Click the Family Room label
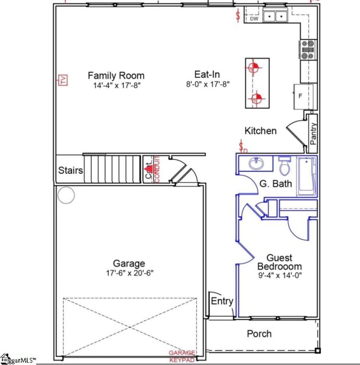click(116, 76)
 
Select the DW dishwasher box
click(254, 19)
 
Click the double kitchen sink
click(276, 16)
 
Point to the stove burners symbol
click(307, 50)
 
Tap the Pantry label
click(313, 133)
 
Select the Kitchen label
click(261, 131)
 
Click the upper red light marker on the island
click(253, 68)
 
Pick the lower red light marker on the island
click(256, 98)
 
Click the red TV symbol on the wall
click(63, 80)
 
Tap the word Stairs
click(71, 171)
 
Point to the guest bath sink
click(255, 163)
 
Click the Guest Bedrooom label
click(280, 262)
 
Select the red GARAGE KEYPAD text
click(182, 356)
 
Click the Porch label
click(259, 334)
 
